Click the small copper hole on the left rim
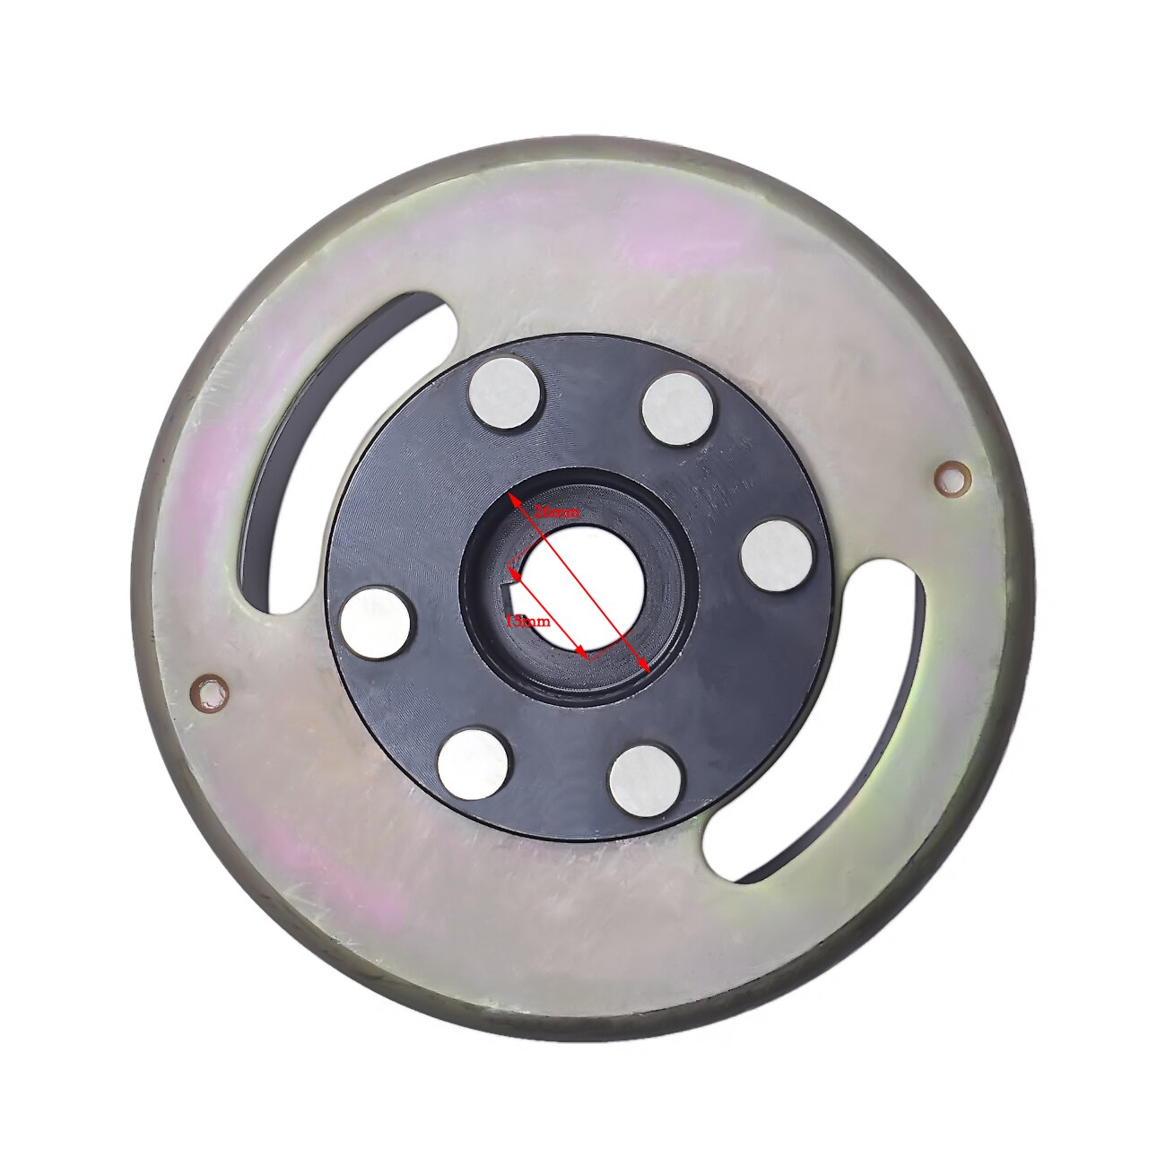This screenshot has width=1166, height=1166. tap(210, 691)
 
